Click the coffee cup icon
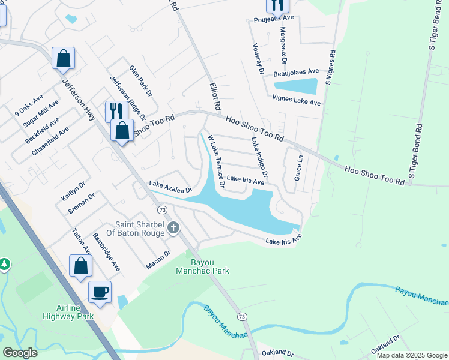[x=100, y=292]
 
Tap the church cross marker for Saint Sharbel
[x=173, y=227]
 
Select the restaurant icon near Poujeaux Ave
[x=277, y=5]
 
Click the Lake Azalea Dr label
[x=170, y=187]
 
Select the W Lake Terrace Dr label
[x=215, y=162]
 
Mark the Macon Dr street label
[x=159, y=260]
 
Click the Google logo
[x=20, y=353]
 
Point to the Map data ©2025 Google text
[x=411, y=355]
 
